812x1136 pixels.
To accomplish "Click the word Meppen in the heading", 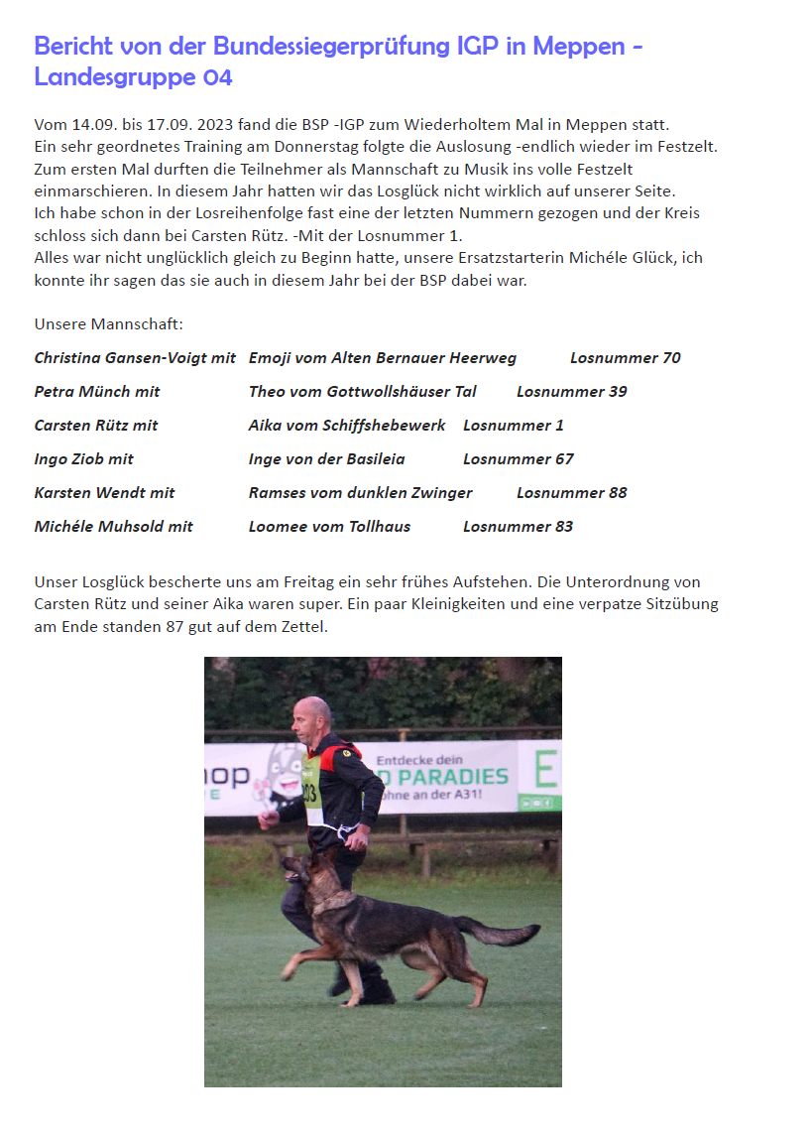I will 577,46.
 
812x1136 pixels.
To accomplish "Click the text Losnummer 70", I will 626,358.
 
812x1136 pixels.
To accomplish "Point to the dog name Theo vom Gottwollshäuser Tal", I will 362,392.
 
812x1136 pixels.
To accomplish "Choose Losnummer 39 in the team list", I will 572,392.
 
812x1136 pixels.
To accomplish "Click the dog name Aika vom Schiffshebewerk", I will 347,426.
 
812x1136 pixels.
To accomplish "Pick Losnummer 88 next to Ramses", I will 572,493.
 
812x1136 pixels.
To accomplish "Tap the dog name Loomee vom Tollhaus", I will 329,527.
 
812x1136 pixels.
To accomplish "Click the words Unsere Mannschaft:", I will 109,324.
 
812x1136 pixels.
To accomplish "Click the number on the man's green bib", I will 311,793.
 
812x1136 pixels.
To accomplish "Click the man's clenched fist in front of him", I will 265,821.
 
